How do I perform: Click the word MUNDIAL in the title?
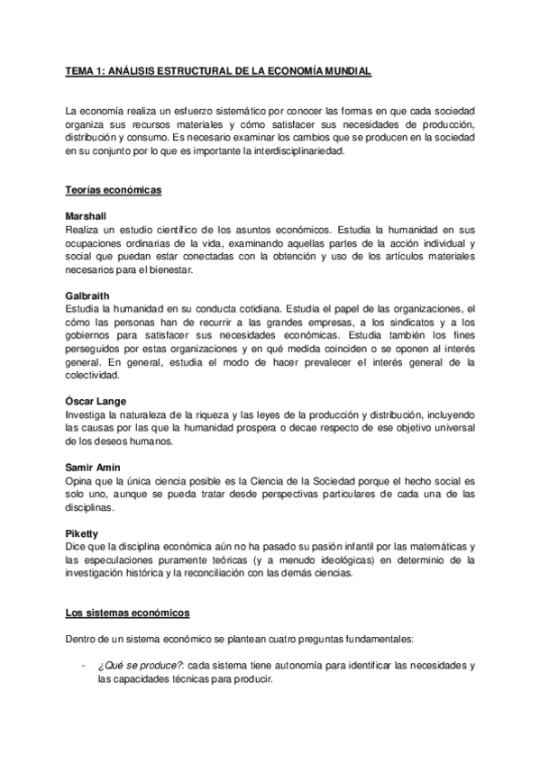pyautogui.click(x=344, y=69)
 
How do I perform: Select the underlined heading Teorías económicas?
pyautogui.click(x=111, y=191)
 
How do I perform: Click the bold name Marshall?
pyautogui.click(x=86, y=218)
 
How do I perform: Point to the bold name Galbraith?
pyautogui.click(x=87, y=296)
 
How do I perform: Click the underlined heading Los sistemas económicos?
pyautogui.click(x=127, y=613)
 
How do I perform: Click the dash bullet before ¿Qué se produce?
pyautogui.click(x=83, y=665)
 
